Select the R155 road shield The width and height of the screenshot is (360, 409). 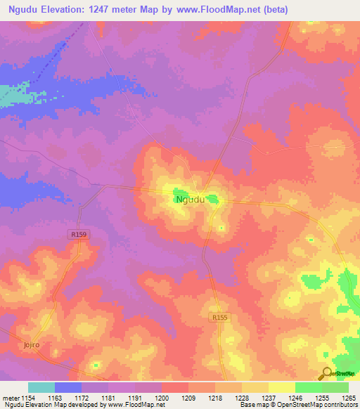coord(219,318)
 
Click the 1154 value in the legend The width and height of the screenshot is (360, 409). coord(27,398)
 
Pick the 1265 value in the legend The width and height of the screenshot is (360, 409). coord(348,398)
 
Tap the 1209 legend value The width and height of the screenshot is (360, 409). coord(188,398)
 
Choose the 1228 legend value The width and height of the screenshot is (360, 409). coord(241,398)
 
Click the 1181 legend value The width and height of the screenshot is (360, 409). coord(108,398)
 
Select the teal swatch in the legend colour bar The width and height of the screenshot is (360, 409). coord(41,387)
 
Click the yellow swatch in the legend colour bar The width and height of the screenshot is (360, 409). coord(281,387)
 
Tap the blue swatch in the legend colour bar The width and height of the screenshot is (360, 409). coord(67,387)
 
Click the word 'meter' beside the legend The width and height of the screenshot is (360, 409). coord(8,398)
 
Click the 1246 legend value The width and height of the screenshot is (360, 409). coord(295,398)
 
